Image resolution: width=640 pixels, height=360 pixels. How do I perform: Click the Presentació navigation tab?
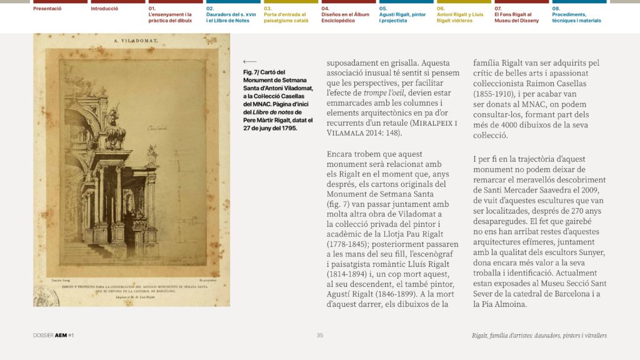pos(47,9)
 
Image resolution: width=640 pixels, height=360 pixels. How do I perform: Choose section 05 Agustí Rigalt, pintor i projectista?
pos(402,14)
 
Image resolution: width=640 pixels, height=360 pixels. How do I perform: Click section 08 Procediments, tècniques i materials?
pos(576,14)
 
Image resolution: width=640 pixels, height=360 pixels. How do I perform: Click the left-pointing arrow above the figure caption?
pos(249,61)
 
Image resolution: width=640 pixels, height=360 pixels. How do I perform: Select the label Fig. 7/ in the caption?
pos(253,72)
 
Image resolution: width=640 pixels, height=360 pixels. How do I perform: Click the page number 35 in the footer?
pos(320,336)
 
